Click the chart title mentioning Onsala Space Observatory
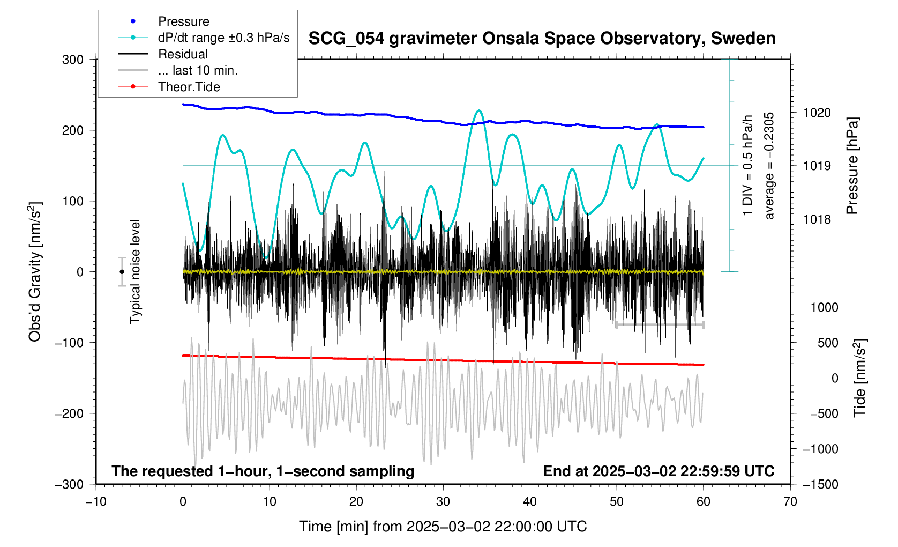point(542,39)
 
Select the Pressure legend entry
point(183,21)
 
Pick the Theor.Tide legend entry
point(189,87)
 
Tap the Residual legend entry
point(183,54)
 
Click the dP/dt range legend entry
point(223,38)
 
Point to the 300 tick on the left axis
point(73,60)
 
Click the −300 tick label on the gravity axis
point(70,484)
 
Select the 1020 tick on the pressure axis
point(817,113)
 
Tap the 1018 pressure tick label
point(817,219)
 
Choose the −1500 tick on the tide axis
point(820,484)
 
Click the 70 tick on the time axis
point(790,502)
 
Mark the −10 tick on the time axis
point(96,502)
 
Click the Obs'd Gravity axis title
point(35,272)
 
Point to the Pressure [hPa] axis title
point(852,166)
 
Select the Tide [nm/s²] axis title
point(860,378)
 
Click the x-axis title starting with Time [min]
point(443,527)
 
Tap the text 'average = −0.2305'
point(769,166)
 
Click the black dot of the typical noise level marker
point(122,272)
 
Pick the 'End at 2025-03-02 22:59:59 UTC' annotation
point(658,471)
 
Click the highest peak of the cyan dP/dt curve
point(479,110)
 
